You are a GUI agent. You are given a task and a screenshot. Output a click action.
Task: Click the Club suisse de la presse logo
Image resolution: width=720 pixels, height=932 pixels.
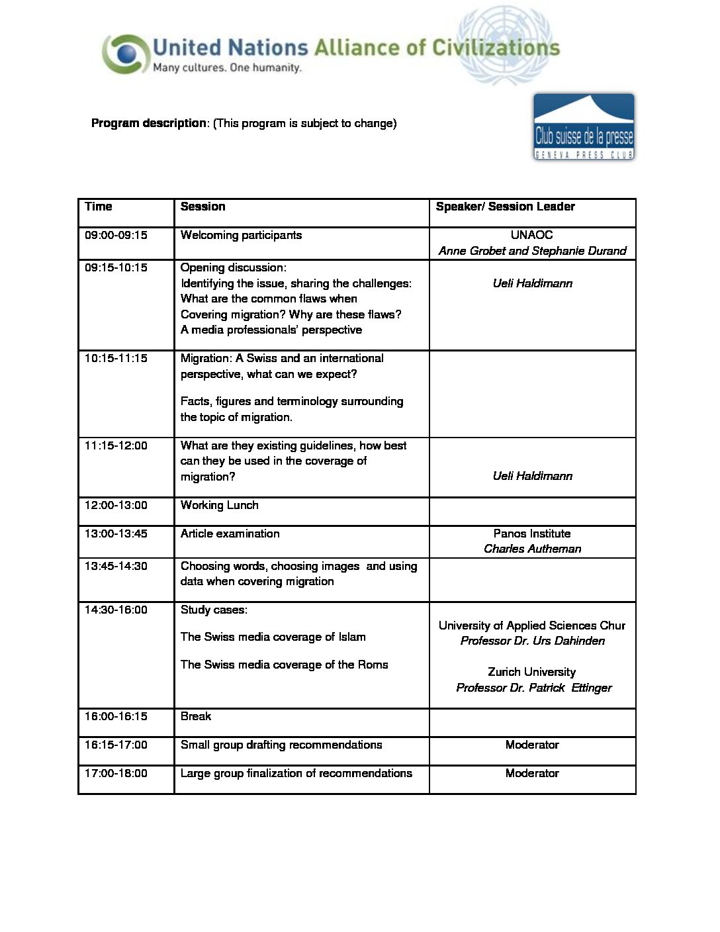click(584, 127)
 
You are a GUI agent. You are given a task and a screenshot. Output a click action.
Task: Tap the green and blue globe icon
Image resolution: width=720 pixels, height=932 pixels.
click(124, 54)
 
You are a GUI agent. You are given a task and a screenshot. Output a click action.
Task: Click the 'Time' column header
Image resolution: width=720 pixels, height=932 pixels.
click(99, 207)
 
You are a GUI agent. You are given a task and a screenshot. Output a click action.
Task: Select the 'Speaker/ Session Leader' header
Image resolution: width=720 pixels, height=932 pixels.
click(505, 207)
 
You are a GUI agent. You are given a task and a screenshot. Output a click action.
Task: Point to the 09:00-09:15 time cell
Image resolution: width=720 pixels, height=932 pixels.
click(116, 235)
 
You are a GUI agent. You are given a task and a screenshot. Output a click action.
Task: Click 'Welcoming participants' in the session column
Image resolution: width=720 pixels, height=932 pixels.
click(241, 235)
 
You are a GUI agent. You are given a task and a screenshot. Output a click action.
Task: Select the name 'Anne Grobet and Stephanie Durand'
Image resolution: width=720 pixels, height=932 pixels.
click(532, 251)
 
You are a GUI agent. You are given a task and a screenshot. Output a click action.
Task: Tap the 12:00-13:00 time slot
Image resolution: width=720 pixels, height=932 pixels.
click(116, 505)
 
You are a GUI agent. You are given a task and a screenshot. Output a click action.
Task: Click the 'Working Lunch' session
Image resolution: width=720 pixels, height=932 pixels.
click(219, 505)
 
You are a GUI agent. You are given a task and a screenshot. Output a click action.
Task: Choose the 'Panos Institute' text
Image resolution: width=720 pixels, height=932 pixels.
click(532, 534)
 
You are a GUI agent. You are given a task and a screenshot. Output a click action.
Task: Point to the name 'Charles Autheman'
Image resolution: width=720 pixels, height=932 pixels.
click(532, 549)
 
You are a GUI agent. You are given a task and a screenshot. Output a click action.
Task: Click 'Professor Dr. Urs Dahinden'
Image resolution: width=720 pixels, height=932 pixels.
click(532, 641)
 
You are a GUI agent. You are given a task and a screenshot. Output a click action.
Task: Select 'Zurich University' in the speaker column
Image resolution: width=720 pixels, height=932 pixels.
click(532, 672)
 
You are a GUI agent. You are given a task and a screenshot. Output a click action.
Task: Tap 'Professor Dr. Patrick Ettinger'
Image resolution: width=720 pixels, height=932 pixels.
click(533, 688)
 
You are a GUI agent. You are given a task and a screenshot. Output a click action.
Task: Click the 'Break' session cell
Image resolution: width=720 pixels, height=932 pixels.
click(196, 716)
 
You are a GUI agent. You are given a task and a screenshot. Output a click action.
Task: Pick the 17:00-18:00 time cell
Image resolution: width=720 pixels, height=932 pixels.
click(116, 773)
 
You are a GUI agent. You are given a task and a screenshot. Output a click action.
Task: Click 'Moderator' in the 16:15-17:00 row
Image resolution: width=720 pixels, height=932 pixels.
click(532, 745)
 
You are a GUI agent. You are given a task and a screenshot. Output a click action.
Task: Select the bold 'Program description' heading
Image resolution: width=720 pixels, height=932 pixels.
click(149, 123)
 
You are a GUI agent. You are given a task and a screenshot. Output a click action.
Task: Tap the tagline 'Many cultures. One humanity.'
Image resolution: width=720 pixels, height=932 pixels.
click(227, 68)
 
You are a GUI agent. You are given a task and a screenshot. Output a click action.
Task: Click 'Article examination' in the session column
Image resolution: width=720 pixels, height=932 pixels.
click(230, 534)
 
